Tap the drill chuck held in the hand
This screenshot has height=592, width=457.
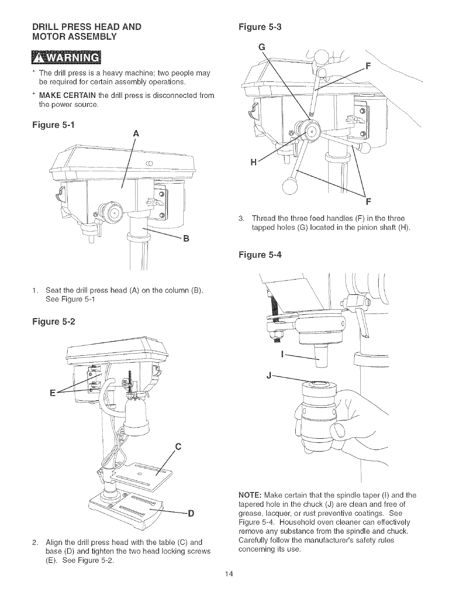coord(317,415)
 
